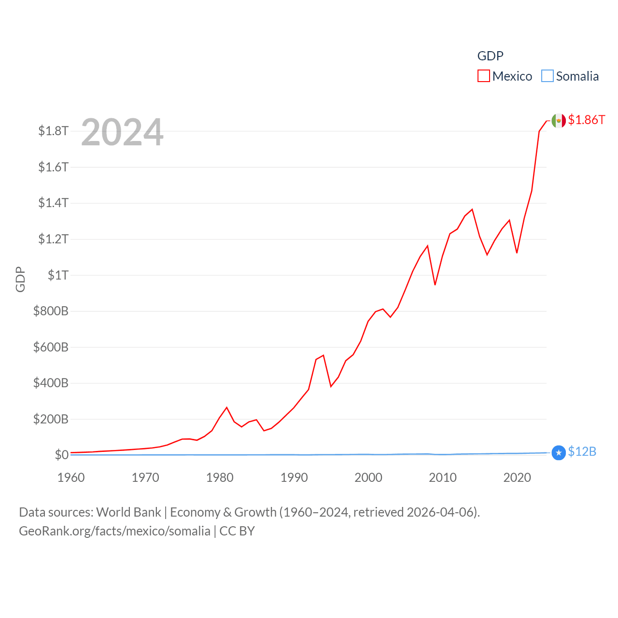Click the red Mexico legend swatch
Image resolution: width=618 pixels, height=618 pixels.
[483, 76]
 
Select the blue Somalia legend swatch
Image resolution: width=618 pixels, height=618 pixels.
[547, 76]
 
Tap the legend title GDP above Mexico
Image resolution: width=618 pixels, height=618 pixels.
[490, 56]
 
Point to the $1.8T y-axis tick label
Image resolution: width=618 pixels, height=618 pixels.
[53, 131]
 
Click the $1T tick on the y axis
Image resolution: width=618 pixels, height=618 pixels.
[58, 275]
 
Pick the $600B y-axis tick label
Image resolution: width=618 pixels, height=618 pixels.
[51, 347]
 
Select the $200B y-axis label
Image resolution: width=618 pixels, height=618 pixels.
[51, 419]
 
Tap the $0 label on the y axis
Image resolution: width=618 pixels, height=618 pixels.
[61, 455]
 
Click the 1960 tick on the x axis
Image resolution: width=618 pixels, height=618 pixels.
[71, 478]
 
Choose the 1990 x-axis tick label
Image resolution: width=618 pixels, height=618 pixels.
[294, 478]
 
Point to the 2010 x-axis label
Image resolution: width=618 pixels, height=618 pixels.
[443, 478]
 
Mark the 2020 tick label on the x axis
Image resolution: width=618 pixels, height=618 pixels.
[517, 478]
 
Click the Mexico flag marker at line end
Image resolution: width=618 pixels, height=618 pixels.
[559, 121]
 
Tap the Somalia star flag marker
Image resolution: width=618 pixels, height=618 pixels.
[559, 452]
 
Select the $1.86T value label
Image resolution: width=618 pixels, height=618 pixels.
[586, 120]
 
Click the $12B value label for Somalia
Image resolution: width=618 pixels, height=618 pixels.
[582, 451]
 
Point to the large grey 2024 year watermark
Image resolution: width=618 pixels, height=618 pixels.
[122, 132]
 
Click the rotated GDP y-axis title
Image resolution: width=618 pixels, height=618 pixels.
[20, 279]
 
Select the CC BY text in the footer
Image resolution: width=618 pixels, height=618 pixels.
[237, 531]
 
